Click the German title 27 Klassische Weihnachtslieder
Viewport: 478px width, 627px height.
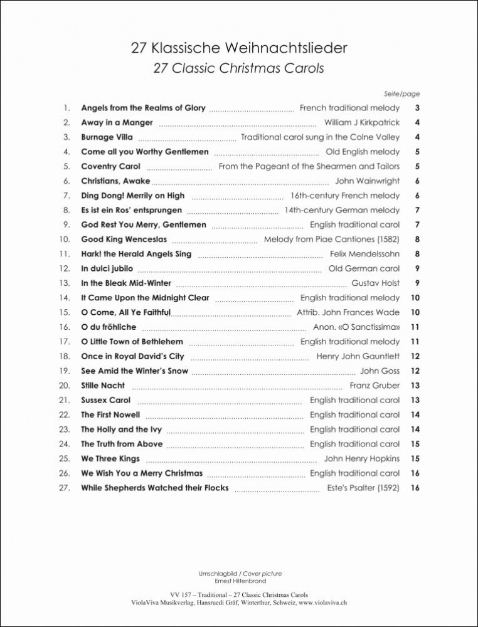click(x=239, y=48)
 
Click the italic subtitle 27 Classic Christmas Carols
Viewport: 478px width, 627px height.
click(x=239, y=68)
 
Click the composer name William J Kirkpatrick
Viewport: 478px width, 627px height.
click(x=362, y=123)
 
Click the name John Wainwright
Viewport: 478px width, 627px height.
click(x=368, y=181)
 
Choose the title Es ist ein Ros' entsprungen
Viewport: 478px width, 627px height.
click(x=132, y=210)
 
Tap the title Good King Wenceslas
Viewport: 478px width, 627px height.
click(x=124, y=240)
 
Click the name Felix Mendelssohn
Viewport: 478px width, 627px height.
click(x=364, y=254)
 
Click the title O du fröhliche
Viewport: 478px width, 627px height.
click(x=109, y=327)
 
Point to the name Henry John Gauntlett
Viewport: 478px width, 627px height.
click(x=358, y=356)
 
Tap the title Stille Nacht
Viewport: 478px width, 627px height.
click(x=103, y=386)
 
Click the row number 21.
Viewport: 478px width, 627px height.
click(x=64, y=400)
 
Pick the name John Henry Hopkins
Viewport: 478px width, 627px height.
click(x=362, y=458)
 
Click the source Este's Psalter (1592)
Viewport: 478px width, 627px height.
click(x=363, y=488)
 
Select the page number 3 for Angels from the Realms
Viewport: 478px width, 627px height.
click(x=417, y=108)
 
